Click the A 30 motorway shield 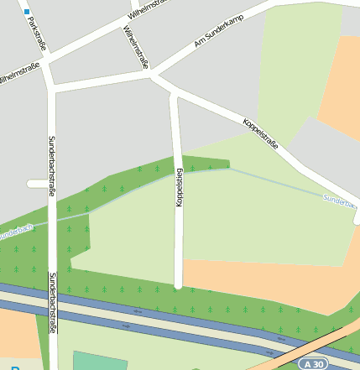313,364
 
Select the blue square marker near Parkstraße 27,12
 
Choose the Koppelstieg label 179,189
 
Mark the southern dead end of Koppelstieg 178,285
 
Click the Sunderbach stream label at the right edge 340,201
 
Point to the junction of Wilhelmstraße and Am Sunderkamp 151,74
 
